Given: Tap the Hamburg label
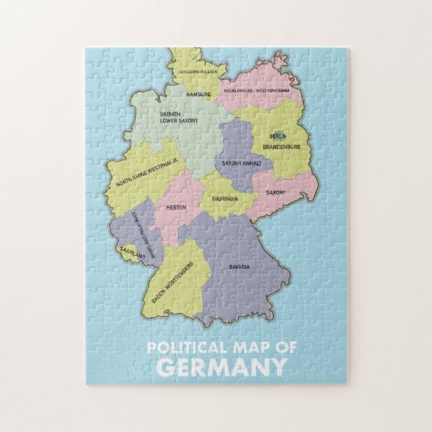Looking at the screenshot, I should [x=198, y=95].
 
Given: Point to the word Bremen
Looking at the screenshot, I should [x=170, y=114].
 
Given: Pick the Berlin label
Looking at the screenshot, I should [x=277, y=135].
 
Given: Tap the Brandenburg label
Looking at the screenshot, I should [x=282, y=147].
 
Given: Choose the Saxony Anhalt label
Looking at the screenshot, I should [x=242, y=163].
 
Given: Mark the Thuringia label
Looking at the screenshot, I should [x=224, y=198].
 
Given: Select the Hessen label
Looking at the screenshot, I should [x=176, y=207].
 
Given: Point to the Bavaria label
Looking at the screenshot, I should [x=239, y=267].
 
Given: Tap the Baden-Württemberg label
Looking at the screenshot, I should [x=172, y=281].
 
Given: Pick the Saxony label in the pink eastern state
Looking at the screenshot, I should [x=276, y=192].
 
